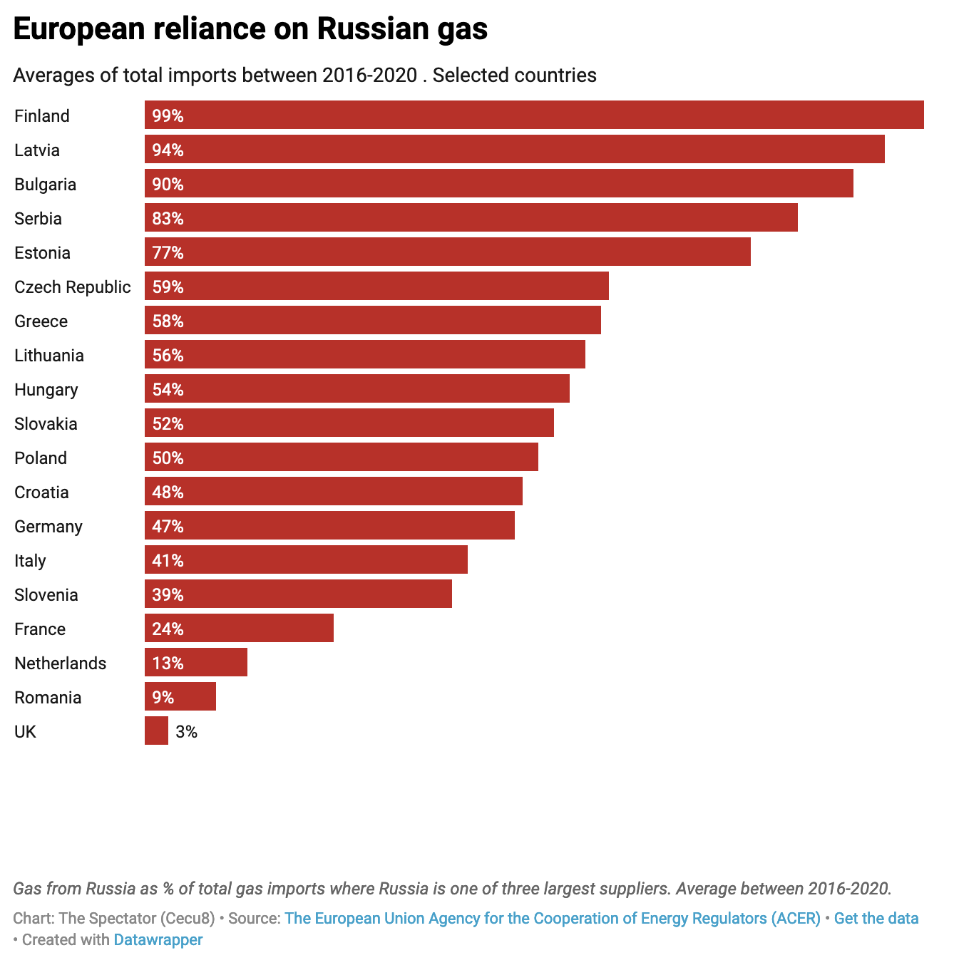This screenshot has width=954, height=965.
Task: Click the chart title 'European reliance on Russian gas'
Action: coord(250,29)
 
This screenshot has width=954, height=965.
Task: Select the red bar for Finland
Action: coord(534,115)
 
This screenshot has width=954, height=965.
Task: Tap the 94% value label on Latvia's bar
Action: coord(168,150)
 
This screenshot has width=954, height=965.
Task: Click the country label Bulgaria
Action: coord(45,185)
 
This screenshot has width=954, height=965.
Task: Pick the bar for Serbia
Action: coord(471,218)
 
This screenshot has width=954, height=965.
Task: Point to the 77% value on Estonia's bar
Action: coord(168,253)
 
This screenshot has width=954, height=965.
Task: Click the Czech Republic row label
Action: coord(73,287)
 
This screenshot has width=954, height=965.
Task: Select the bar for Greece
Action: coord(373,321)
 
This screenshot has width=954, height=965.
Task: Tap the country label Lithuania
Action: coord(49,356)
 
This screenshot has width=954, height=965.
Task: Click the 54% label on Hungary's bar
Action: coord(168,390)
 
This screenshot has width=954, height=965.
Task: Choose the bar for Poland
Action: coord(342,458)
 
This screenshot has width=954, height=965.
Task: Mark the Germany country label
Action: coord(48,527)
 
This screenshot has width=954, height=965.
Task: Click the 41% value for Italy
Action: coord(168,561)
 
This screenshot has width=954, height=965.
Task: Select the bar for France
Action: coord(239,629)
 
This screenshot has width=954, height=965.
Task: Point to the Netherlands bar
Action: coord(196,663)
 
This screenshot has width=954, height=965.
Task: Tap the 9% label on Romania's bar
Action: coord(163,697)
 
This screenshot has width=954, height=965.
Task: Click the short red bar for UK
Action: coord(156,731)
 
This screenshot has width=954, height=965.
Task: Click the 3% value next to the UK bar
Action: coord(186,732)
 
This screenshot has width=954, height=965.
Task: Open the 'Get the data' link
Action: coord(876,919)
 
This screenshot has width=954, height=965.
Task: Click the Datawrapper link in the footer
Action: coord(158,940)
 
